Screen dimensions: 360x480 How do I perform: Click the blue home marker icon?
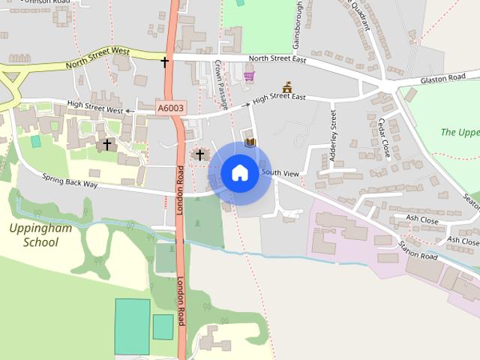click(x=239, y=172)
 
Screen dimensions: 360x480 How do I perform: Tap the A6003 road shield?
click(x=169, y=109)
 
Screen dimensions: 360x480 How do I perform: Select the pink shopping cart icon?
click(x=248, y=75)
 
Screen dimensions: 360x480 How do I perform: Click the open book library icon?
click(x=250, y=142)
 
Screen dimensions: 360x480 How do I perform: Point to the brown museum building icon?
click(x=286, y=88)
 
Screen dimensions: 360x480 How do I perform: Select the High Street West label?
click(x=94, y=109)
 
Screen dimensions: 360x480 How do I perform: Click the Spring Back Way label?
click(x=70, y=181)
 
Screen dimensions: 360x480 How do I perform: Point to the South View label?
click(x=280, y=173)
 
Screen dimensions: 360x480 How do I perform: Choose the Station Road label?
click(x=418, y=250)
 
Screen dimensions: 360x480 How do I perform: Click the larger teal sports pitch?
click(x=132, y=325)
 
